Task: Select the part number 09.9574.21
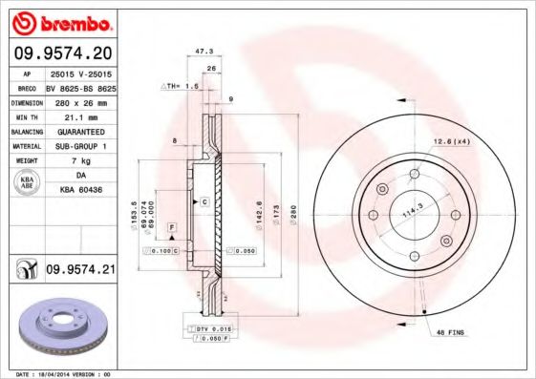click(80, 271)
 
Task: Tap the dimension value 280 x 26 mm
click(79, 100)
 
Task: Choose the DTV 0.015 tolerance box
click(212, 328)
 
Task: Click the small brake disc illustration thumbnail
click(60, 325)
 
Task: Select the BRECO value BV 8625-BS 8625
click(80, 86)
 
